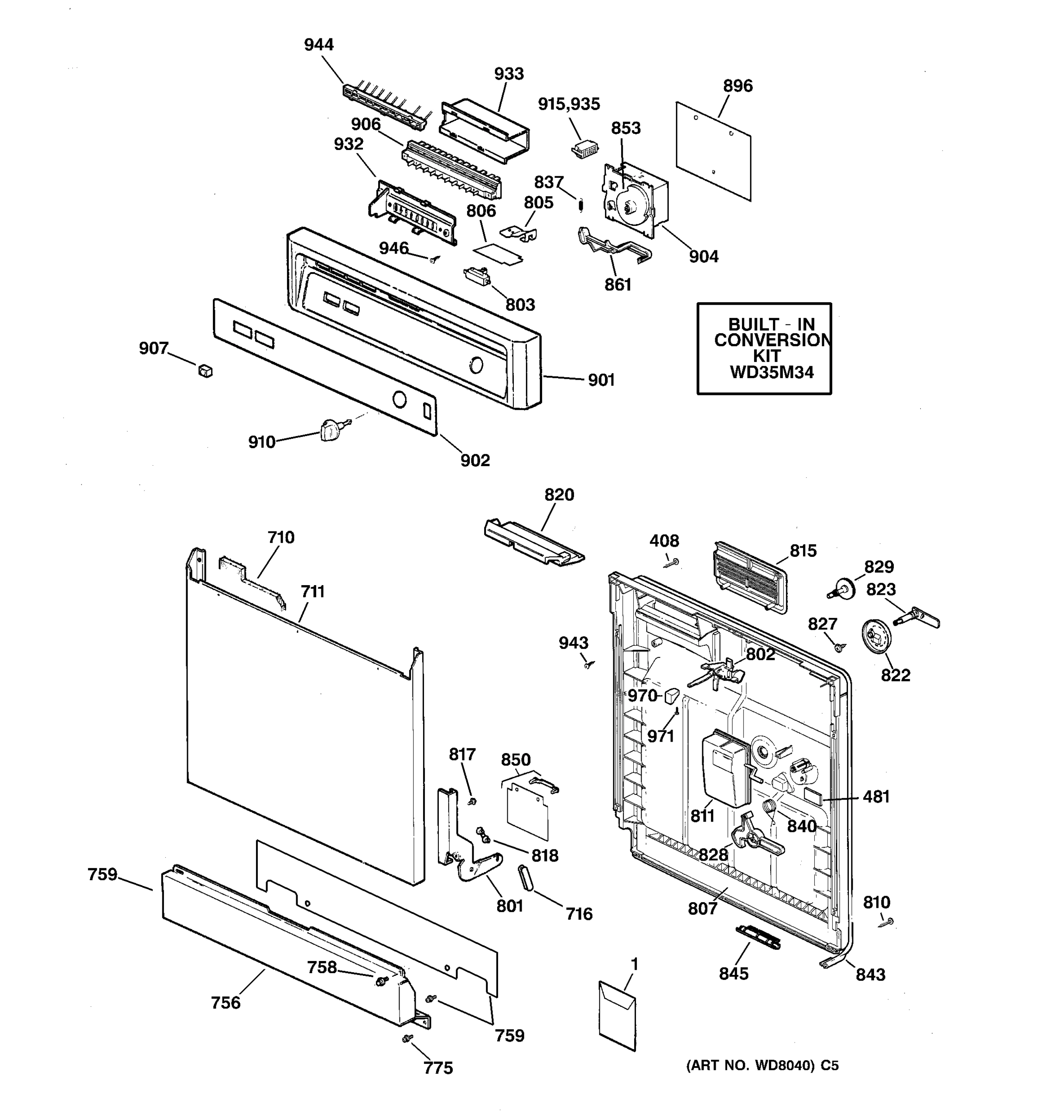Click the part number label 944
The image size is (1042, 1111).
click(x=318, y=45)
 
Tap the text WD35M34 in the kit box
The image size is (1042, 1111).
click(x=772, y=373)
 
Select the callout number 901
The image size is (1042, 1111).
click(x=601, y=380)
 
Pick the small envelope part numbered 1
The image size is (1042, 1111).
click(x=618, y=1016)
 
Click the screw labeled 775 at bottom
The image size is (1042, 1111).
click(x=407, y=1038)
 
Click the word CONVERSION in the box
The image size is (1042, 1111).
click(x=772, y=340)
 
